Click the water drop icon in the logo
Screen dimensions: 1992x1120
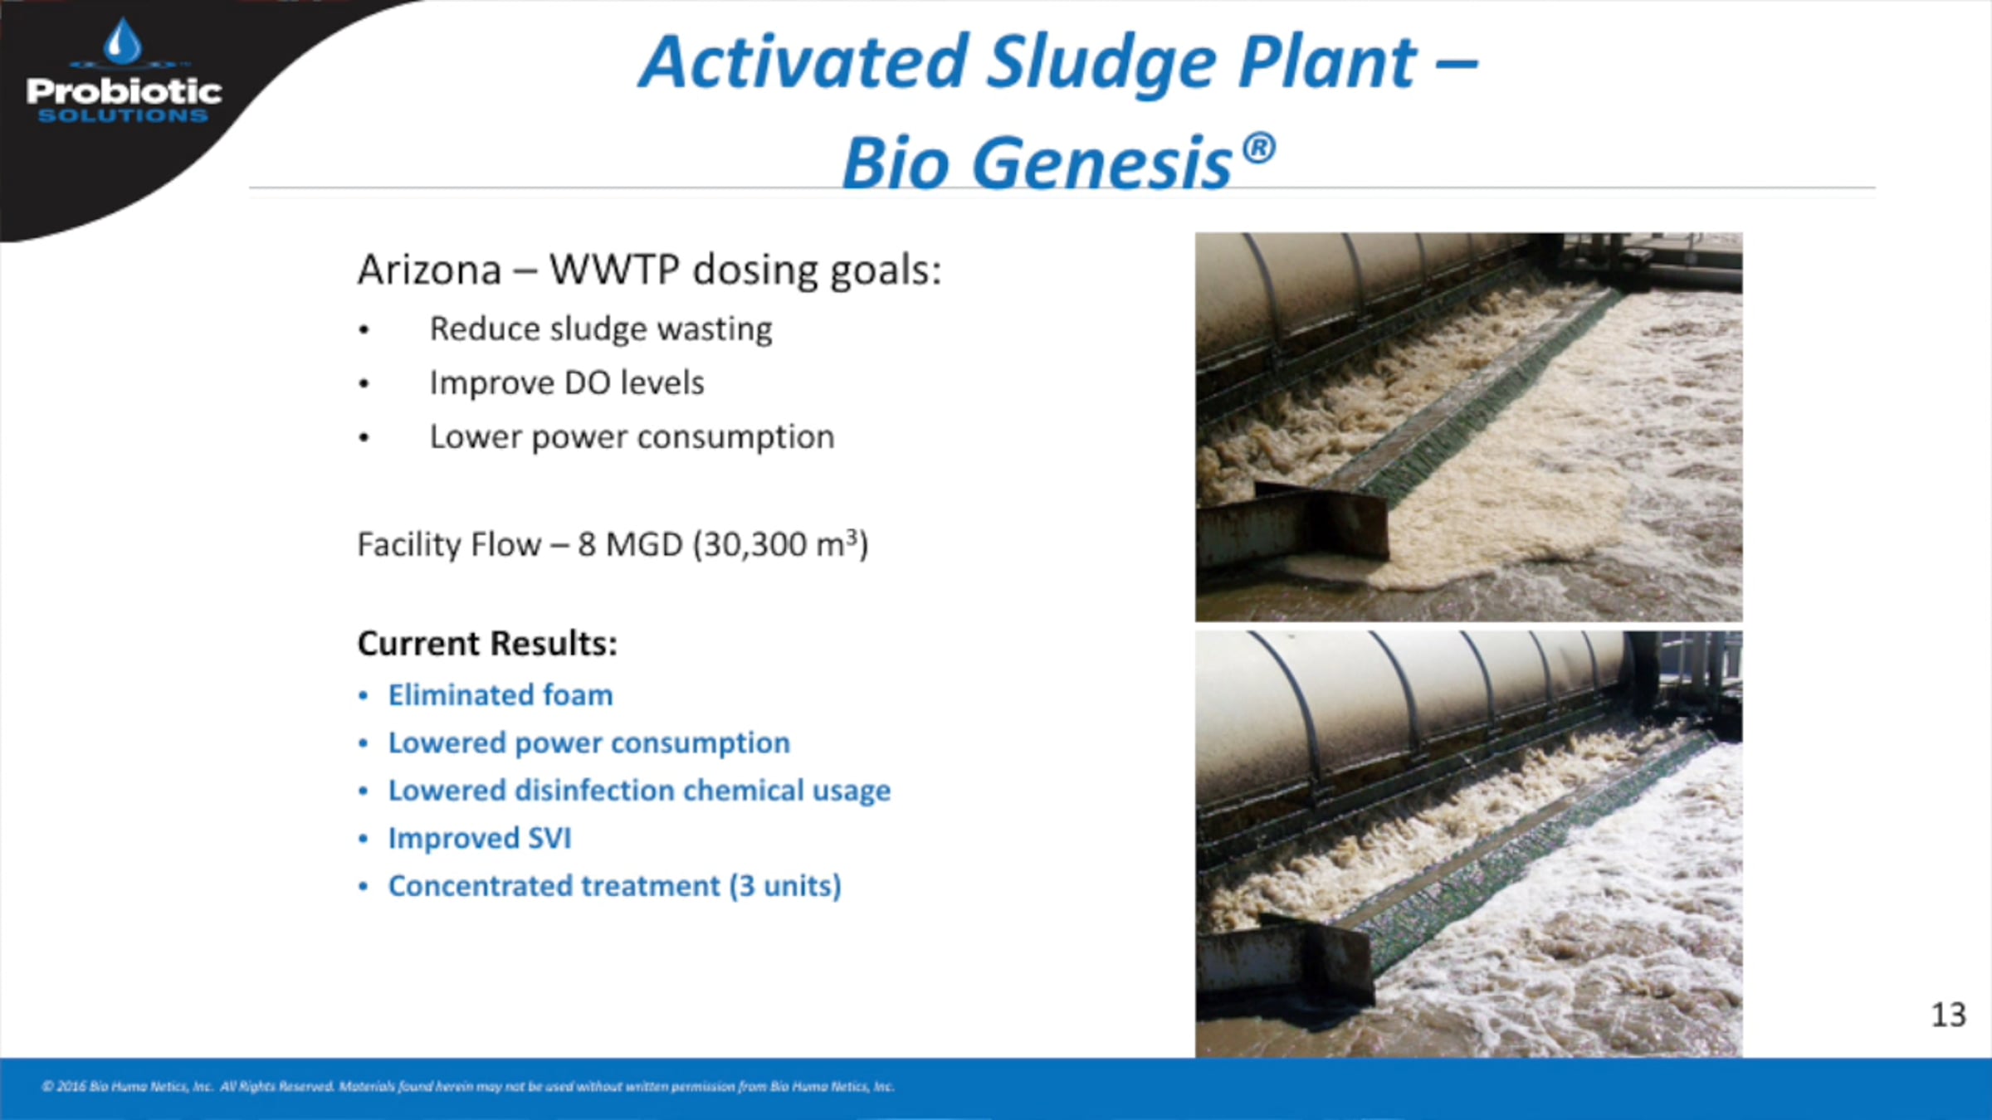(123, 41)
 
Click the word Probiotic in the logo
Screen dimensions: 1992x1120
(124, 90)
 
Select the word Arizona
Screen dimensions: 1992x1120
(429, 270)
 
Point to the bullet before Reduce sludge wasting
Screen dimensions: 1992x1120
(364, 330)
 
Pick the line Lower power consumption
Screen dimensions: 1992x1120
(632, 437)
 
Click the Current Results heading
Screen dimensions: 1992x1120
(487, 644)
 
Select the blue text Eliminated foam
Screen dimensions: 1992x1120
(500, 695)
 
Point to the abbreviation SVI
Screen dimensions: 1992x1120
(549, 839)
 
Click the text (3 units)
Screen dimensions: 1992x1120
(785, 886)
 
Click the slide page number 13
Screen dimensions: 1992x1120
(1948, 1015)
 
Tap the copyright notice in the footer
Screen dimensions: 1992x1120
(468, 1086)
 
